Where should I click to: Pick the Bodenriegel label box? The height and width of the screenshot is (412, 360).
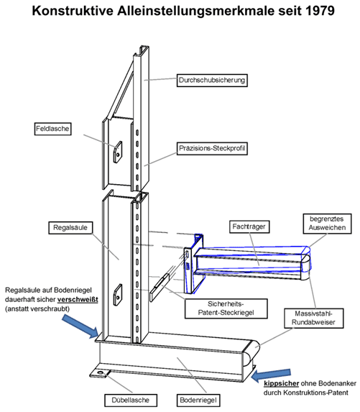coord(199,398)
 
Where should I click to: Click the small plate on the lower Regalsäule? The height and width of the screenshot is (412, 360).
coord(120,292)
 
